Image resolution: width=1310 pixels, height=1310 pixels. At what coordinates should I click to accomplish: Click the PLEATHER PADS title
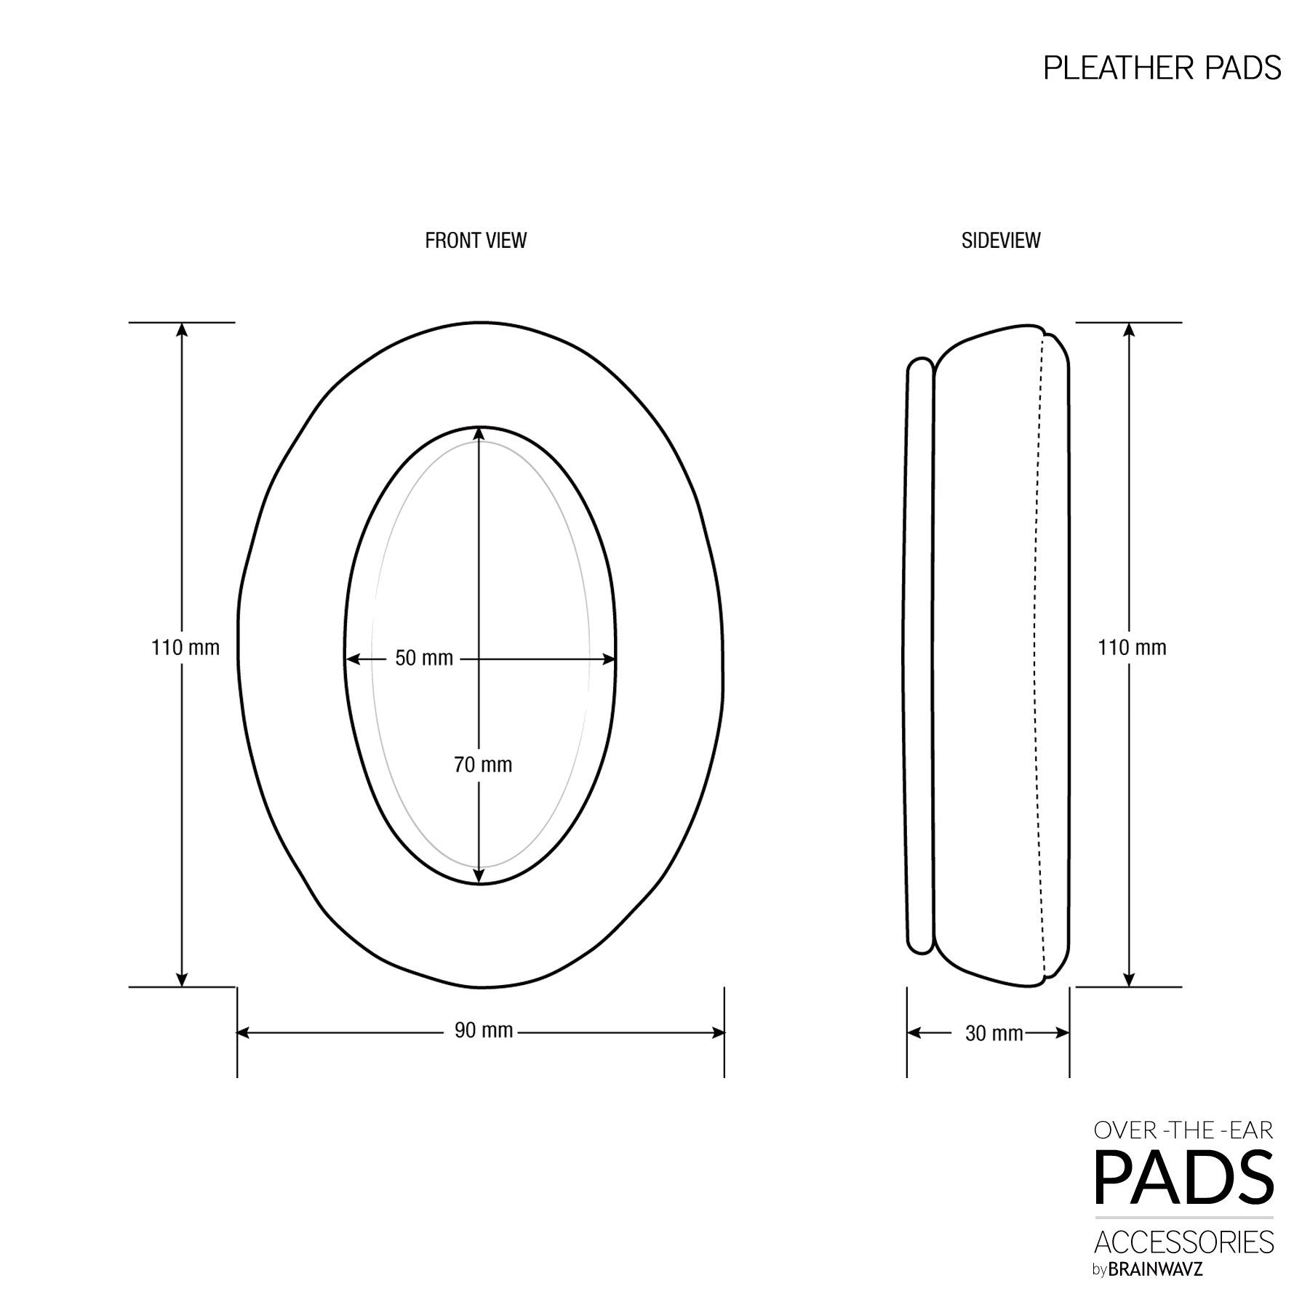pos(1162,68)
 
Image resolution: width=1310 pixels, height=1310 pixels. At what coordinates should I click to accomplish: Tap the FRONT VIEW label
pos(476,241)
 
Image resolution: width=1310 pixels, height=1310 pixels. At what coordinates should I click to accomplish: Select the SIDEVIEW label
pos(1000,241)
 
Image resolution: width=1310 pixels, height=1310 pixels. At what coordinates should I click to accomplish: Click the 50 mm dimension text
pos(423,659)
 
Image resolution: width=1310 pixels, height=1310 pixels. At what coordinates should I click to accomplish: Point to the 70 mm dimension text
pos(483,765)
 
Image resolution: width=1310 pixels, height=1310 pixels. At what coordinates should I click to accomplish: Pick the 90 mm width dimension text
pos(484,1031)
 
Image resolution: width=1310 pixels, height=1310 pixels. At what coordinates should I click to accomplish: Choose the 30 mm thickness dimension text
pos(994,1033)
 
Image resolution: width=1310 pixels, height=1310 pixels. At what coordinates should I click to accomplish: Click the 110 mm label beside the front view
pos(185,648)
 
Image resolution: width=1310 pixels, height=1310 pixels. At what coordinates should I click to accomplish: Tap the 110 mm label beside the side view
pos(1132,648)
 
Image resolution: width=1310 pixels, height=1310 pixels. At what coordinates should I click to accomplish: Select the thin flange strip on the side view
pos(920,654)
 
